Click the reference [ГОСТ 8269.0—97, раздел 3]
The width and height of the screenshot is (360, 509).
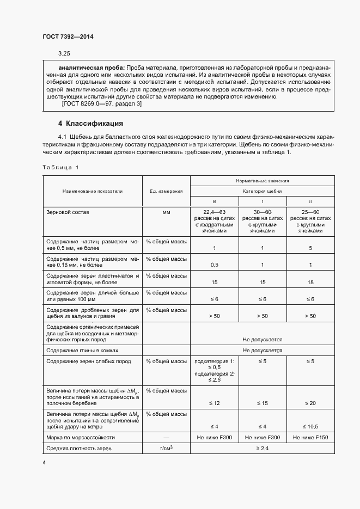click(x=94, y=105)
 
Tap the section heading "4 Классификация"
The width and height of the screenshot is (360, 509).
click(x=90, y=124)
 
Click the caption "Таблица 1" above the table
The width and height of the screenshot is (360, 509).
click(x=60, y=167)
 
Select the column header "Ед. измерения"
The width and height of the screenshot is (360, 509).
click(x=166, y=191)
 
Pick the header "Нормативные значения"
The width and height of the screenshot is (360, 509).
click(x=263, y=180)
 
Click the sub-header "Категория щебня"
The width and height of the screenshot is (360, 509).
click(x=263, y=191)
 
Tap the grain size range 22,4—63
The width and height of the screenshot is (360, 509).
click(x=214, y=212)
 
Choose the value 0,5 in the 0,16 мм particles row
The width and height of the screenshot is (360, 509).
click(x=214, y=265)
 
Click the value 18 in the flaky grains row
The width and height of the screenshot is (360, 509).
click(x=310, y=283)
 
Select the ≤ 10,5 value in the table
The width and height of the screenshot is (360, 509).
click(x=310, y=427)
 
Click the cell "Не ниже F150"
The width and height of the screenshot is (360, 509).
click(x=310, y=437)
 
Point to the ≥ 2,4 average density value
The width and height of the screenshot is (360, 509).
click(x=263, y=448)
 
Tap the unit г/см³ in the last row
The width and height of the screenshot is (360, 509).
click(x=166, y=448)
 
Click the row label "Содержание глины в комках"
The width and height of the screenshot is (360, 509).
click(x=82, y=350)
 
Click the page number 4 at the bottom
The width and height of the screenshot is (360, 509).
click(x=44, y=462)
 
